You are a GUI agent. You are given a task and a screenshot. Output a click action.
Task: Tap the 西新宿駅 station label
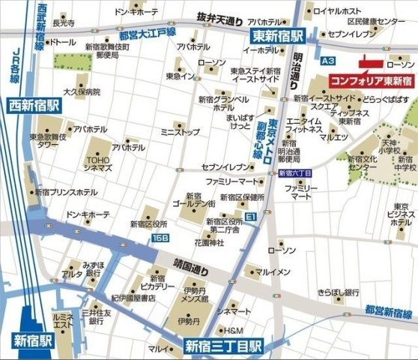point(32,104)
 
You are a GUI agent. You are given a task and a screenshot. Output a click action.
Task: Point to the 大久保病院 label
point(82,92)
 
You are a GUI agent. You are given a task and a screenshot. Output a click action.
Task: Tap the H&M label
point(234,330)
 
